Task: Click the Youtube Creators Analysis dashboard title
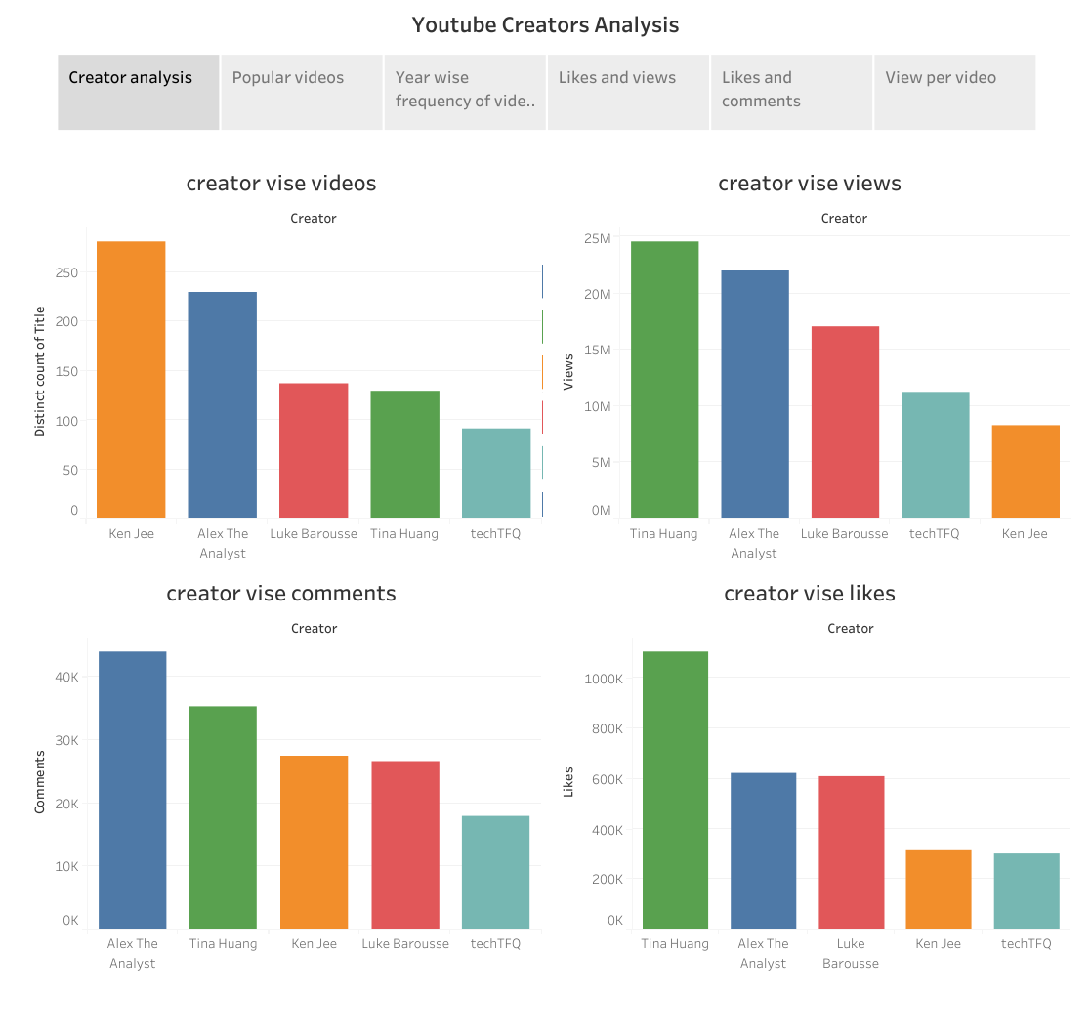(x=545, y=25)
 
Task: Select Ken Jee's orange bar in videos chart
(x=131, y=380)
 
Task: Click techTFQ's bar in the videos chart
(x=496, y=474)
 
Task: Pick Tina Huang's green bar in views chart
(x=664, y=380)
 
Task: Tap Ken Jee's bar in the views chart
(x=1026, y=472)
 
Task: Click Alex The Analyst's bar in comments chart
(x=133, y=790)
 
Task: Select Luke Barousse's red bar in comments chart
(x=405, y=845)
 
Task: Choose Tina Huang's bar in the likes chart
(x=675, y=790)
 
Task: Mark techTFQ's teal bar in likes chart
(x=1027, y=891)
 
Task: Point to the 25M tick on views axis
(x=597, y=239)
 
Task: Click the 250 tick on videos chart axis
(x=66, y=272)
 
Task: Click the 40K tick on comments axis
(x=65, y=677)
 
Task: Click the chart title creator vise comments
(x=281, y=594)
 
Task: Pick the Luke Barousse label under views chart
(x=844, y=534)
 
